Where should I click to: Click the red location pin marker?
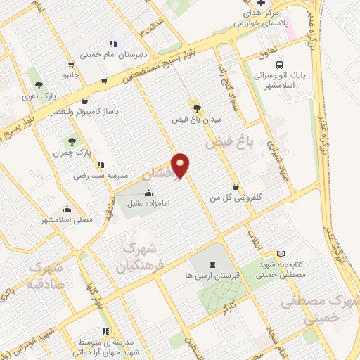[181, 166]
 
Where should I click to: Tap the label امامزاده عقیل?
[149, 205]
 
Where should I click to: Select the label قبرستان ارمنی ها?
[212, 276]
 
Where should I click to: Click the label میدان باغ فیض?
[198, 120]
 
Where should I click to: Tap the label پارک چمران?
[72, 151]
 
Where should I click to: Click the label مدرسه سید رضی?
[98, 176]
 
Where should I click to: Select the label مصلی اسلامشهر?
[67, 220]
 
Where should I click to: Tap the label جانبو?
[69, 73]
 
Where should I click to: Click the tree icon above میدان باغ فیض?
[197, 108]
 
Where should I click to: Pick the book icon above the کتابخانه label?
[281, 253]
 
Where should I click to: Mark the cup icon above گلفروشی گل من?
[236, 187]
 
